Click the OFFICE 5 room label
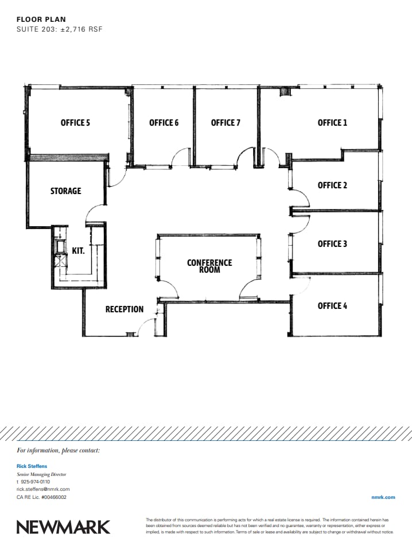75,122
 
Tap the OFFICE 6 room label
164,122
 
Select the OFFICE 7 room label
226,122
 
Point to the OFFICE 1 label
332,122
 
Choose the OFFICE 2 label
332,185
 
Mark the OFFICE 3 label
332,244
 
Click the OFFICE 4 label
332,306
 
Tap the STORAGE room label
65,191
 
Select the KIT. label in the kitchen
79,251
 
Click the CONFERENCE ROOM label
209,266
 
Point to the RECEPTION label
125,309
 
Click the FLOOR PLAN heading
41,20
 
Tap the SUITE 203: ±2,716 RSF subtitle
60,29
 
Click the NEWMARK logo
63,526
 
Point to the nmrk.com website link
383,497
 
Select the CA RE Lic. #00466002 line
42,497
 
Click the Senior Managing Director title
42,475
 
